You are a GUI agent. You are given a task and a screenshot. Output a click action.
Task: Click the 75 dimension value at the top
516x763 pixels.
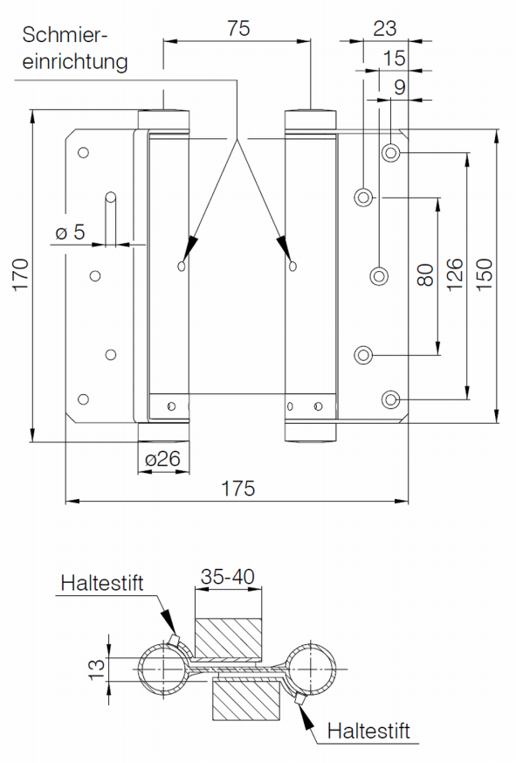(238, 28)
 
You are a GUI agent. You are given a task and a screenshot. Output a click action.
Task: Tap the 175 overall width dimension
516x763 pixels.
(237, 488)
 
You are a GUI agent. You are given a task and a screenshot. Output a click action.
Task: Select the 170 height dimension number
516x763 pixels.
(20, 274)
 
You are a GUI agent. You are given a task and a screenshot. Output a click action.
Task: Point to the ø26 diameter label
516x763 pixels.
(162, 458)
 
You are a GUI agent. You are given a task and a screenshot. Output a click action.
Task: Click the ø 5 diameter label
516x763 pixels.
(70, 232)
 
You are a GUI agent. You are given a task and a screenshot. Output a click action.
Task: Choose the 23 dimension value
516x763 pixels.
(385, 28)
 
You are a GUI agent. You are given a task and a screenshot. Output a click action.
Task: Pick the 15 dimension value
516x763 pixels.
(394, 58)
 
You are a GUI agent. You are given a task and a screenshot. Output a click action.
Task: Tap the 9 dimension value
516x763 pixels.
(399, 87)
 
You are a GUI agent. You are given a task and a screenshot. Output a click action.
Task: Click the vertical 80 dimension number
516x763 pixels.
(425, 275)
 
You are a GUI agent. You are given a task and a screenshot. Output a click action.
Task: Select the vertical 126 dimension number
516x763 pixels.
(454, 275)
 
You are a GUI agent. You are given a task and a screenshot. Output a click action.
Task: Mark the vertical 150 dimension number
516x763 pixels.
(484, 275)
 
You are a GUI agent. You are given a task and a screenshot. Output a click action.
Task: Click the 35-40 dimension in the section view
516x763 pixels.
(228, 577)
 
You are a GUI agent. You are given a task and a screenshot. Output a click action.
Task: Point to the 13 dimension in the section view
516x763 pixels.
(96, 669)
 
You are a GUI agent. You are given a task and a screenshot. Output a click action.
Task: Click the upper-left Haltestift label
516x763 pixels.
(102, 583)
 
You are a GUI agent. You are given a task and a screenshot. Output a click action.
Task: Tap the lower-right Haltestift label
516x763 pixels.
(368, 731)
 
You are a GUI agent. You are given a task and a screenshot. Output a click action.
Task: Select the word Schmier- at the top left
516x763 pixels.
(65, 35)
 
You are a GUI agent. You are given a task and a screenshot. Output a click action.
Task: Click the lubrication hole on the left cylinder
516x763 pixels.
(182, 266)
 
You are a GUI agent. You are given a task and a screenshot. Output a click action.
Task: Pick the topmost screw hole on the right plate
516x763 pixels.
(390, 153)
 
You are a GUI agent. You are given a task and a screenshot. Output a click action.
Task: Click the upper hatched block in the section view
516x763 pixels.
(228, 638)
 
